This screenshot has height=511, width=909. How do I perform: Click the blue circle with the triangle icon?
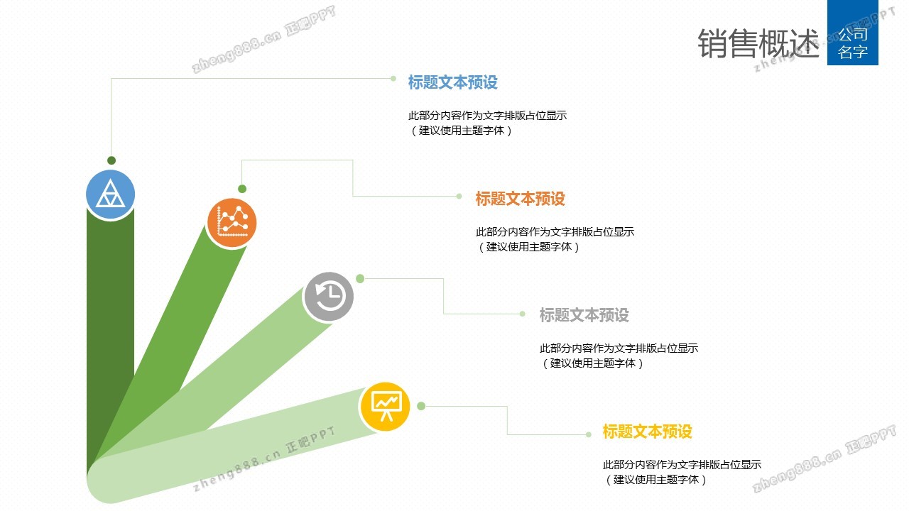(110, 194)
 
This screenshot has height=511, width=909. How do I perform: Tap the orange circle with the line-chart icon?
(232, 222)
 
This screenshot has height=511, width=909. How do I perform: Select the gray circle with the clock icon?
(328, 296)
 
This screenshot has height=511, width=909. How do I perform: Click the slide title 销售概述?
(758, 44)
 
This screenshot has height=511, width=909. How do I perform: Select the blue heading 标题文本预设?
(452, 82)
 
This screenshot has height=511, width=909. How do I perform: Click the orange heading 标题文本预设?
(520, 199)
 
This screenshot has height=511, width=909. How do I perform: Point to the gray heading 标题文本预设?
(584, 315)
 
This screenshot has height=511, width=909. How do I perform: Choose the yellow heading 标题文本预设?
(647, 432)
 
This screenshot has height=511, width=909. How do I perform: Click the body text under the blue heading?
(487, 123)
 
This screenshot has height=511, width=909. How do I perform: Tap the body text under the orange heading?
(555, 239)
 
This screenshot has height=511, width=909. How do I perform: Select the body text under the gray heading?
(619, 356)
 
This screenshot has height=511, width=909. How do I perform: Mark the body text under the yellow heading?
(682, 472)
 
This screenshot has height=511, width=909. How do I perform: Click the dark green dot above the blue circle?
(111, 160)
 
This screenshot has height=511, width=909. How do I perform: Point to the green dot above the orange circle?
(242, 189)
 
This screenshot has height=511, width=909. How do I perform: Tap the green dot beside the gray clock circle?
(360, 278)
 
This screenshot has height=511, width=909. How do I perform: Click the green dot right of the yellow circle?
(421, 406)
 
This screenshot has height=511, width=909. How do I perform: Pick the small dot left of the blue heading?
(393, 78)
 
